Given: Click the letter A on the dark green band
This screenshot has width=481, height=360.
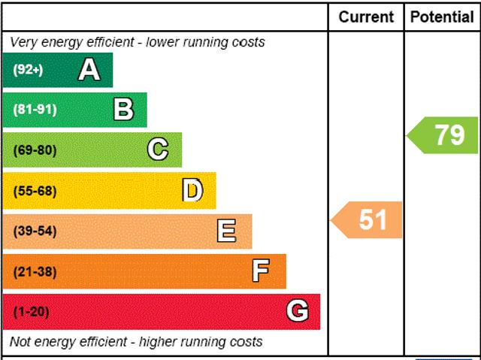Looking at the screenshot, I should pyautogui.click(x=89, y=70).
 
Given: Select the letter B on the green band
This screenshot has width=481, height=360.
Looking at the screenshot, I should pyautogui.click(x=123, y=110).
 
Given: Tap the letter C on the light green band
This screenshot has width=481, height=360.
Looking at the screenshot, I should pyautogui.click(x=158, y=150).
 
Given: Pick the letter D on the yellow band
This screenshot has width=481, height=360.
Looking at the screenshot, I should pyautogui.click(x=193, y=191).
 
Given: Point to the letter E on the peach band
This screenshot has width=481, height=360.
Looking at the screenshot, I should pyautogui.click(x=226, y=231).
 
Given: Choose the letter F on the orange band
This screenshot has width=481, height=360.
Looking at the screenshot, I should pyautogui.click(x=261, y=271).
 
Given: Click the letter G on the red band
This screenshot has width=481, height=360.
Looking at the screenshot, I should pyautogui.click(x=298, y=311).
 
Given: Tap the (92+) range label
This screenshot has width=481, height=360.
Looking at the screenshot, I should pyautogui.click(x=29, y=70).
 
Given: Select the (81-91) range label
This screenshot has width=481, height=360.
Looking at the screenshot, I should pyautogui.click(x=35, y=110).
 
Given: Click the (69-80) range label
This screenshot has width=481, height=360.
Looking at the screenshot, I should pyautogui.click(x=35, y=150).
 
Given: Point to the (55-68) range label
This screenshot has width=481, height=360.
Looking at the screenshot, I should pyautogui.click(x=35, y=191).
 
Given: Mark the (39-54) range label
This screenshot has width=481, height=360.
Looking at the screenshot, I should pyautogui.click(x=35, y=231).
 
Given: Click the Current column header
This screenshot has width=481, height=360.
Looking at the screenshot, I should pyautogui.click(x=366, y=17).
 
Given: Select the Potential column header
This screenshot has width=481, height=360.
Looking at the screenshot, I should pyautogui.click(x=442, y=17).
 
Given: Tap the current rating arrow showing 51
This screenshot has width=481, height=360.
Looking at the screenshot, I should pyautogui.click(x=368, y=220).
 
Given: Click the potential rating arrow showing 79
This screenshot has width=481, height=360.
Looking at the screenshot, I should pyautogui.click(x=444, y=135).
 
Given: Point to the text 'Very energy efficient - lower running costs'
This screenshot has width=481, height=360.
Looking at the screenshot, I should pyautogui.click(x=138, y=42).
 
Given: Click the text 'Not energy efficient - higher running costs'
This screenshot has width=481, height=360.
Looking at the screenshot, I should pyautogui.click(x=136, y=342).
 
